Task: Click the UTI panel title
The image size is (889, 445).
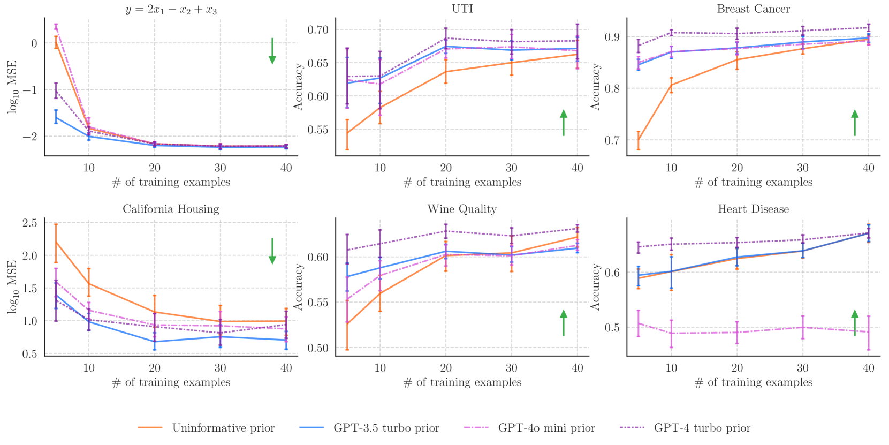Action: [462, 9]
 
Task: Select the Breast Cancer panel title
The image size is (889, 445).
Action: [753, 9]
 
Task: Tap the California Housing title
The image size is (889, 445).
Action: [171, 209]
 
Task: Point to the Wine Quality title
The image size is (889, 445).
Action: [462, 209]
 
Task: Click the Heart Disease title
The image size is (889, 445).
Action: [753, 209]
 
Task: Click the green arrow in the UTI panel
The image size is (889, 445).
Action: [564, 123]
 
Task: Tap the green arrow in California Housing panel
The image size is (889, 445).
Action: [272, 251]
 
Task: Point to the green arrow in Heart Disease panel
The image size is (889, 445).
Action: [855, 322]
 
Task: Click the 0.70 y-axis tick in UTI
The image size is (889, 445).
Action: [317, 29]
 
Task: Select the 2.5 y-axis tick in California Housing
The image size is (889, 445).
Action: [30, 223]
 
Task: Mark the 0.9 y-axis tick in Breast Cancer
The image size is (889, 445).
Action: [612, 37]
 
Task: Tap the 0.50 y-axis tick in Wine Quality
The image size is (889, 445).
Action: [317, 348]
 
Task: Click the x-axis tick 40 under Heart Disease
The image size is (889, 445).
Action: [868, 368]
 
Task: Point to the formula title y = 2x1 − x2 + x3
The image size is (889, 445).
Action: [171, 10]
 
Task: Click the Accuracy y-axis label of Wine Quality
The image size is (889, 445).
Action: [299, 286]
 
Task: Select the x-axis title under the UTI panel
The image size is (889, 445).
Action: [462, 182]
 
